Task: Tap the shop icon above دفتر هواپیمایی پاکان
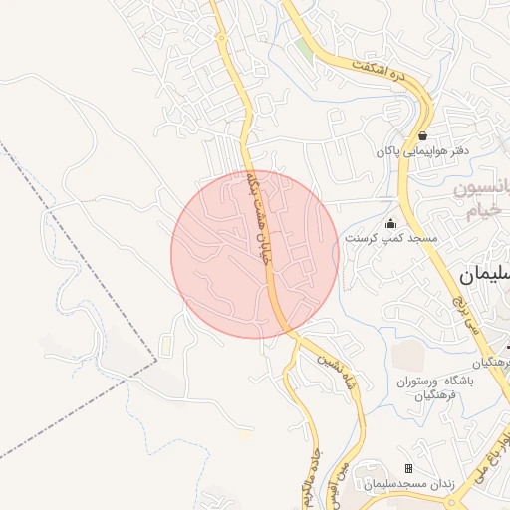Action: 422,135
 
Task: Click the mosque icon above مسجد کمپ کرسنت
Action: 390,223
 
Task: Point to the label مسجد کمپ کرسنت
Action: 384,239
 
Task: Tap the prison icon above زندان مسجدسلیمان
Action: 408,468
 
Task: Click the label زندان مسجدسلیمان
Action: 408,484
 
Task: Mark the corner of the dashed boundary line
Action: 157,359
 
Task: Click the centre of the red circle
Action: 255,254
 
